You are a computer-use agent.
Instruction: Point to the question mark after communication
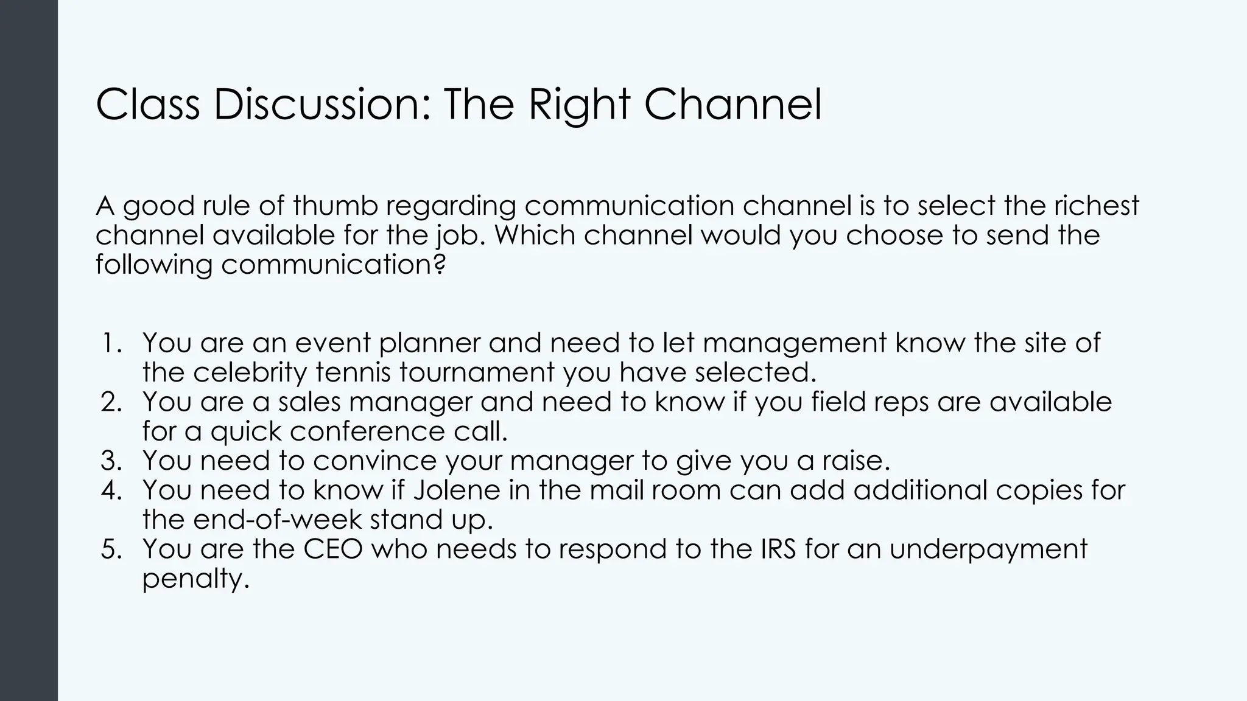click(x=440, y=265)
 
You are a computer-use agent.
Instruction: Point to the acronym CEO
click(x=332, y=549)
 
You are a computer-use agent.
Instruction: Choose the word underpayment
click(x=988, y=549)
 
